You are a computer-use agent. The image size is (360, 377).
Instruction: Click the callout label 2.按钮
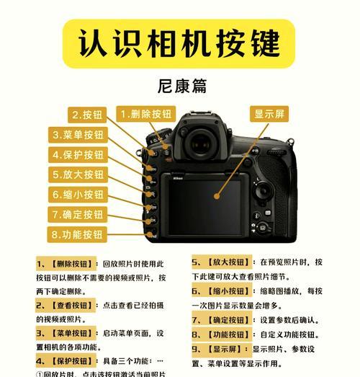[x=87, y=115]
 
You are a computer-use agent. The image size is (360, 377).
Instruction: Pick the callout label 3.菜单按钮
[x=78, y=135]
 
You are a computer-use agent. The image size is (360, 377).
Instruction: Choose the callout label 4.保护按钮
[x=78, y=155]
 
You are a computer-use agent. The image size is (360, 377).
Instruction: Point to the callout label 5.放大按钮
[x=78, y=174]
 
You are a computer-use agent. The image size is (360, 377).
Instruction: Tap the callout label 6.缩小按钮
[x=78, y=195]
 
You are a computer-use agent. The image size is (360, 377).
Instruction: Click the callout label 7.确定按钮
[x=78, y=214]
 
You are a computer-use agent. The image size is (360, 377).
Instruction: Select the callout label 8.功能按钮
[x=78, y=234]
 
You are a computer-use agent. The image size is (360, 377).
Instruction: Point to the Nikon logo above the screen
[x=179, y=177]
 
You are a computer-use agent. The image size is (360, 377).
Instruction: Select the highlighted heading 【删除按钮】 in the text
[x=72, y=265]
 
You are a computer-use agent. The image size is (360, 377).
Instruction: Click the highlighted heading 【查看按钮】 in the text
[x=72, y=306]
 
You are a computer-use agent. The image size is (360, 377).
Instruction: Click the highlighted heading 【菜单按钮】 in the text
[x=72, y=333]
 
